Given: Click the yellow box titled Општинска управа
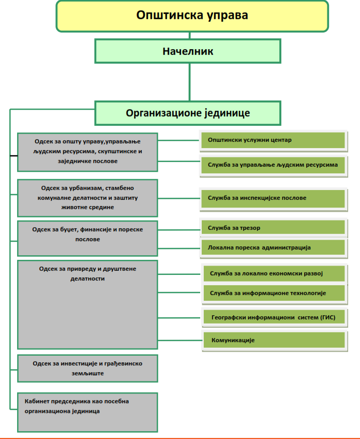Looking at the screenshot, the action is coord(192,16).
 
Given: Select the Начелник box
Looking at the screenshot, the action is coord(188,51).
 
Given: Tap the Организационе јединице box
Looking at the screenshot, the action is coord(188,113).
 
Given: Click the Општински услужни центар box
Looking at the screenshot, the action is coord(273,140).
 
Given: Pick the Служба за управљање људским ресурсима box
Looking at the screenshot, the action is coord(273,165).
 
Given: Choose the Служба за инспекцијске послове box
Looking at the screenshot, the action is coord(273,198).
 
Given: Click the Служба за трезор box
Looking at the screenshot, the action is coord(273,227).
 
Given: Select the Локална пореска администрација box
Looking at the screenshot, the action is coord(273,247).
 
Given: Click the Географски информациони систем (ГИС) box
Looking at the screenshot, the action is coord(275,317).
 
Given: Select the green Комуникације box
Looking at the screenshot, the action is coord(275,340).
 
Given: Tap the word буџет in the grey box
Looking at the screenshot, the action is coord(69,230).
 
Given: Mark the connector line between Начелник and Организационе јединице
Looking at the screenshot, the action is coord(189,82).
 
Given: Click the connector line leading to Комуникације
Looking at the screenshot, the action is coord(180,340).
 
